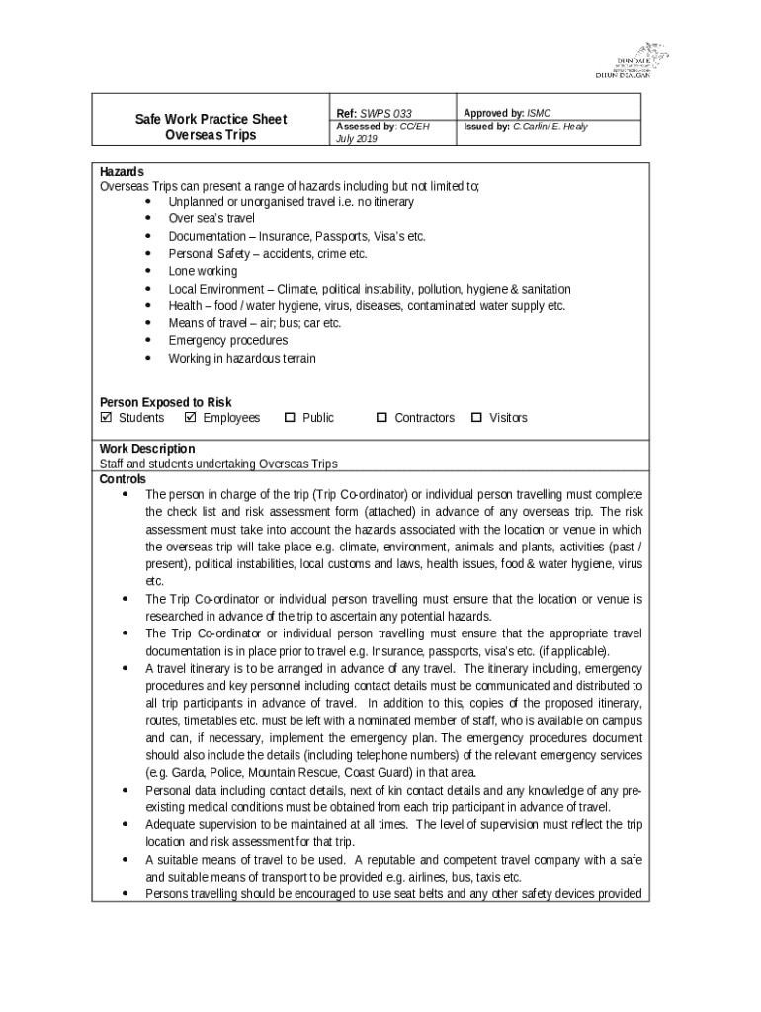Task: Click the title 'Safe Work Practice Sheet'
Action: (x=211, y=119)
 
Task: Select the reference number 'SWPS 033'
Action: (x=385, y=114)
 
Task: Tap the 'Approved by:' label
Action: (x=494, y=114)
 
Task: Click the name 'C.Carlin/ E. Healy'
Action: (x=550, y=126)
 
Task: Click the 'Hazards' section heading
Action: (x=122, y=171)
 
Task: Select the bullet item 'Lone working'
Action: (x=203, y=271)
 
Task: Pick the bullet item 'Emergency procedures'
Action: (x=227, y=340)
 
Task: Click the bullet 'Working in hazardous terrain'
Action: (x=242, y=358)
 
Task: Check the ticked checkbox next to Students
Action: (x=107, y=418)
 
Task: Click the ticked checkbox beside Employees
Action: (x=191, y=418)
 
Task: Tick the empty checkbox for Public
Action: (x=290, y=418)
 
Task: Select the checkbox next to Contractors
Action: (x=381, y=418)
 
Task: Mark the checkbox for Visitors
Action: (x=476, y=418)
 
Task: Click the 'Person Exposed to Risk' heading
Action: (x=165, y=402)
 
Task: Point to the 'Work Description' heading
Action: (x=147, y=448)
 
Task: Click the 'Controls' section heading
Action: (x=123, y=479)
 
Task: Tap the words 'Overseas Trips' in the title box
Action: (x=211, y=135)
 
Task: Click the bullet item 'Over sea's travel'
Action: (x=211, y=218)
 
